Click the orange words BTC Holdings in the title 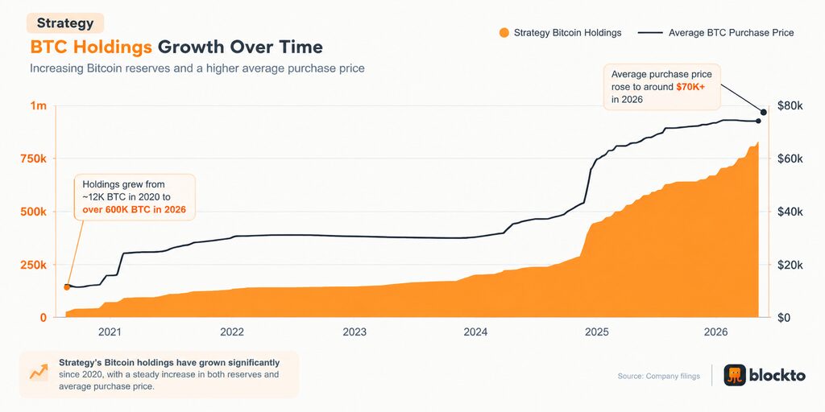(x=91, y=47)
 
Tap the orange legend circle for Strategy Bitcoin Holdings (x=504, y=32)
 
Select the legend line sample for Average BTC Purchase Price (x=650, y=32)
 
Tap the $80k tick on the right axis (x=790, y=105)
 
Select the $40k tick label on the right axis (x=790, y=212)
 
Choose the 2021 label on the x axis (x=110, y=332)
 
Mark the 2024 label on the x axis (x=475, y=332)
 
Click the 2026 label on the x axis (x=715, y=332)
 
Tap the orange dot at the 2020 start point (x=66, y=287)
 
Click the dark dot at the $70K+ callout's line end (x=764, y=112)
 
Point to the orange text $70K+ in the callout (x=690, y=87)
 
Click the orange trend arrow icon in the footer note (x=39, y=373)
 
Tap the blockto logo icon (x=735, y=375)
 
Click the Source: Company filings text (x=659, y=376)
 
